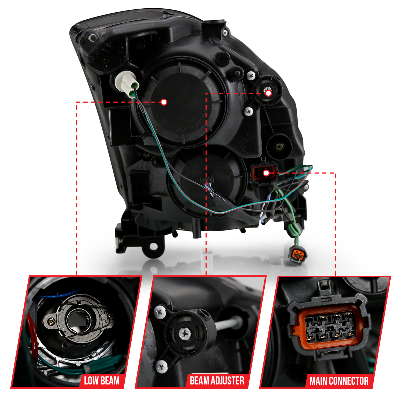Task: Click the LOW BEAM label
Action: [102, 381]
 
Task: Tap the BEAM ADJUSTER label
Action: [217, 381]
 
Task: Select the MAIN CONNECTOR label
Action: [339, 381]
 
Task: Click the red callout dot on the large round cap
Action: [164, 102]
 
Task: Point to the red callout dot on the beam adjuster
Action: [268, 93]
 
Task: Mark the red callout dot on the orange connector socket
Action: [266, 173]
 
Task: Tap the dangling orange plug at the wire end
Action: [297, 254]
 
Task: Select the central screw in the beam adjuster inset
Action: [185, 333]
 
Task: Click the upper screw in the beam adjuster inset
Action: [159, 312]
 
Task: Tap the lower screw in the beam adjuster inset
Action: [161, 366]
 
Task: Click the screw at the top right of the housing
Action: [225, 33]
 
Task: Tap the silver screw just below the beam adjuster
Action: [249, 110]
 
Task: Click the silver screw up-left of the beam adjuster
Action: [251, 75]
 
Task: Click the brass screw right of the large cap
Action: [279, 146]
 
